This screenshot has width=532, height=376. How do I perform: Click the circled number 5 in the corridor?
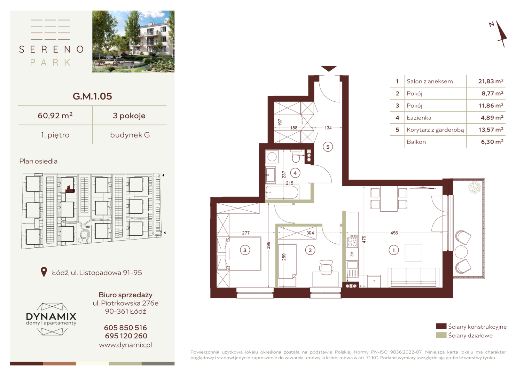(328, 147)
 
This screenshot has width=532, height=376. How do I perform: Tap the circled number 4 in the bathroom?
(295, 173)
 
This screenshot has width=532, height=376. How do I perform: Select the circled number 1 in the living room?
(393, 250)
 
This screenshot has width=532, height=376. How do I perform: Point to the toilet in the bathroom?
(296, 156)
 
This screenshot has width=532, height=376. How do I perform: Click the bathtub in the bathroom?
(282, 192)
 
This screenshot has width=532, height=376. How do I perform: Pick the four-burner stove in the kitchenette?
(352, 241)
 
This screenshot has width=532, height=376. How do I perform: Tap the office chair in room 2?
(326, 267)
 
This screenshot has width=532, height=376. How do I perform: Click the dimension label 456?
(394, 233)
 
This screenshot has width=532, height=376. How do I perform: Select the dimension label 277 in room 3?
(246, 233)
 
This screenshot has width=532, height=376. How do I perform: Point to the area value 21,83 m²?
(491, 81)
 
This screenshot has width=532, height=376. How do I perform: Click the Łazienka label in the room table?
(419, 118)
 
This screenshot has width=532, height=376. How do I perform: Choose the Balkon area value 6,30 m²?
(492, 142)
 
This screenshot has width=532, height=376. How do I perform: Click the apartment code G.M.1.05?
(92, 96)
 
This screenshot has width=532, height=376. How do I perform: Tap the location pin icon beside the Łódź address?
(44, 272)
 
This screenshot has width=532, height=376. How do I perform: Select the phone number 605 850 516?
(125, 328)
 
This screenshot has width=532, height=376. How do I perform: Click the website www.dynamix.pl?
(125, 345)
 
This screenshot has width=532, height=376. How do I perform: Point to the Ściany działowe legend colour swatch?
(441, 335)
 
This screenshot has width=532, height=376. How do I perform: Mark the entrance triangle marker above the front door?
(329, 69)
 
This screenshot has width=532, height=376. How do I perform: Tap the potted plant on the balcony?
(475, 187)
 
